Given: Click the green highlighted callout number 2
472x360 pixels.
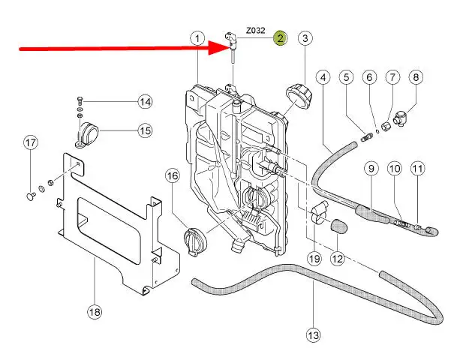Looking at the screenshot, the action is point(280,38).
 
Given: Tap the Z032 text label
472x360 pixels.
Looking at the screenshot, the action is point(256,31).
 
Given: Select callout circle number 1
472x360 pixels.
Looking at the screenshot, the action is point(197,38).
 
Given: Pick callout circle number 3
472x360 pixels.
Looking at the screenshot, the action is point(305,38).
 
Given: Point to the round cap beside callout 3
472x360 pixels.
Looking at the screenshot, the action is point(299,97).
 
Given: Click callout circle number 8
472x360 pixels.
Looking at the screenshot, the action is point(416,77).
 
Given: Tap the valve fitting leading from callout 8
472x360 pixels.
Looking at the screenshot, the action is point(401,118).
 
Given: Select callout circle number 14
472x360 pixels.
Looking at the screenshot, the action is point(145,102).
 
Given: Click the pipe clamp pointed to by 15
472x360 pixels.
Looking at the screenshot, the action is point(87,133).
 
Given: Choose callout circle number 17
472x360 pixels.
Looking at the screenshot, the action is point(31,142).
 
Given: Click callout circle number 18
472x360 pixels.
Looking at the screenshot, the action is point(95,311).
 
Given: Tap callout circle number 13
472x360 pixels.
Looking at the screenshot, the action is point(313,334).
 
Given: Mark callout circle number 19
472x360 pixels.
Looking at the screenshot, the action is point(314,258).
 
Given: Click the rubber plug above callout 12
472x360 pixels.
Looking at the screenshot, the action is point(338,226).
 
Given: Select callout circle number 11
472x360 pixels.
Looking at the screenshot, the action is point(417,169).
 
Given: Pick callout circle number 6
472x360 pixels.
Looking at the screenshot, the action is point(369,77).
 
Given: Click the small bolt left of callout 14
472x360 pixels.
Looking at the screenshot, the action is point(80,100).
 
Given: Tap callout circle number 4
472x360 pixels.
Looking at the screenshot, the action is point(323,77).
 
